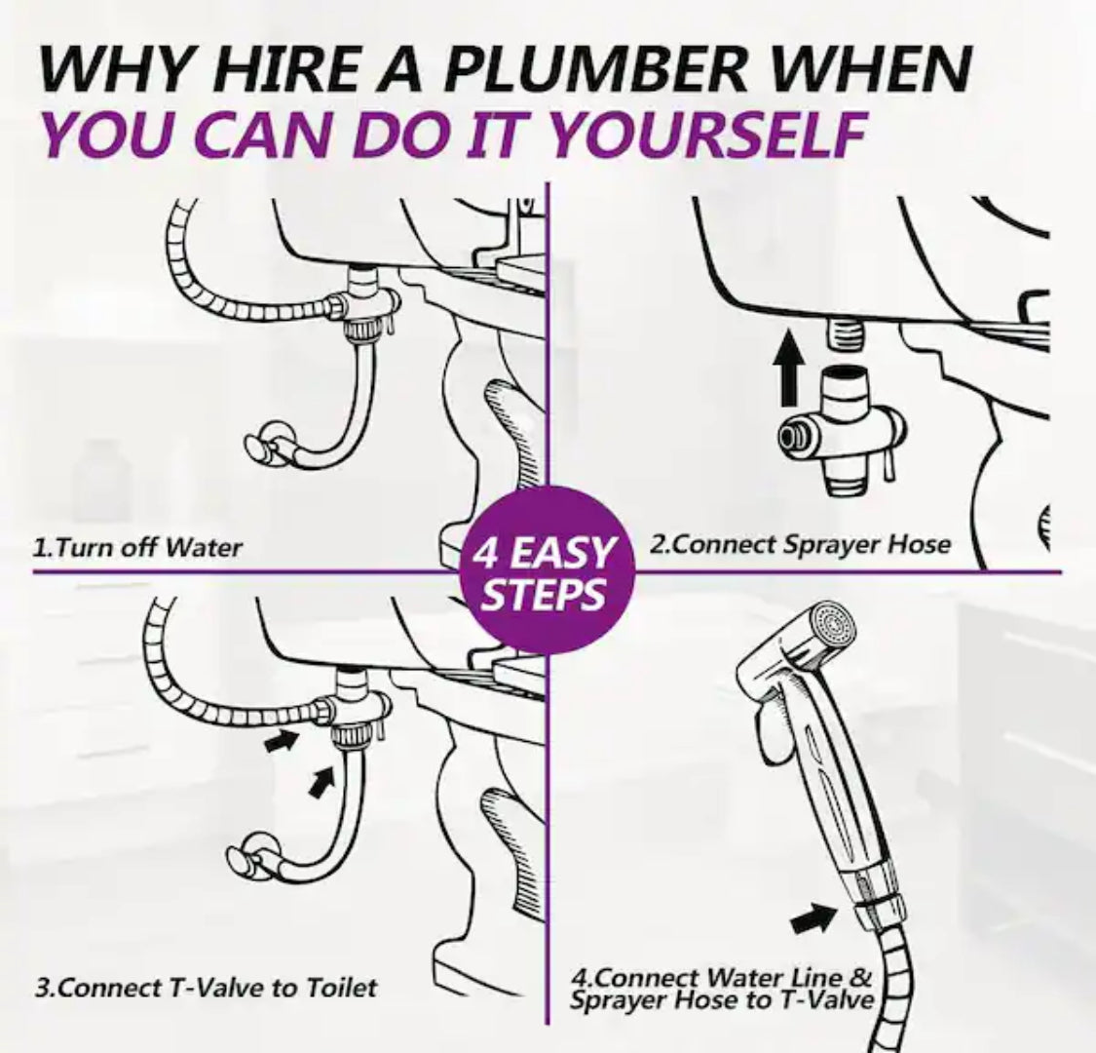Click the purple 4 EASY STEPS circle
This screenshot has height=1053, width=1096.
(x=547, y=571)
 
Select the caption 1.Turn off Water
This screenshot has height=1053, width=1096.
(x=137, y=546)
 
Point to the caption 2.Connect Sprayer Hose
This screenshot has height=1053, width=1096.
(x=801, y=544)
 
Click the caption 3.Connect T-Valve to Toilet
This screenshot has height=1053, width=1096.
(x=207, y=988)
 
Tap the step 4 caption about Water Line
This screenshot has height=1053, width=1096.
(x=722, y=988)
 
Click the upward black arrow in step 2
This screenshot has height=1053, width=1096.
(x=789, y=368)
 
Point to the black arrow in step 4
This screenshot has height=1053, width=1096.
(x=814, y=918)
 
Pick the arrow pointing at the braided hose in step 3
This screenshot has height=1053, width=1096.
(x=282, y=741)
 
